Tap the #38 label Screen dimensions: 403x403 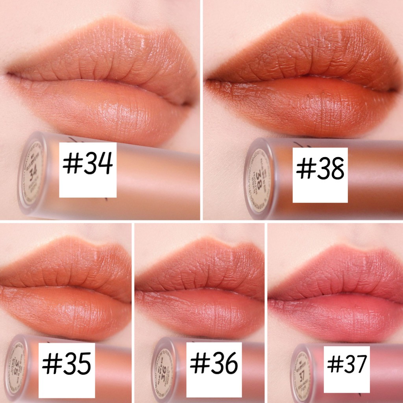click(x=320, y=169)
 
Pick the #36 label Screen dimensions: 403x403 click(x=214, y=364)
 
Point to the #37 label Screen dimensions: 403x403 click(x=347, y=364)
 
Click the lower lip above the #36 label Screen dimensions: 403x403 click(x=201, y=311)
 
